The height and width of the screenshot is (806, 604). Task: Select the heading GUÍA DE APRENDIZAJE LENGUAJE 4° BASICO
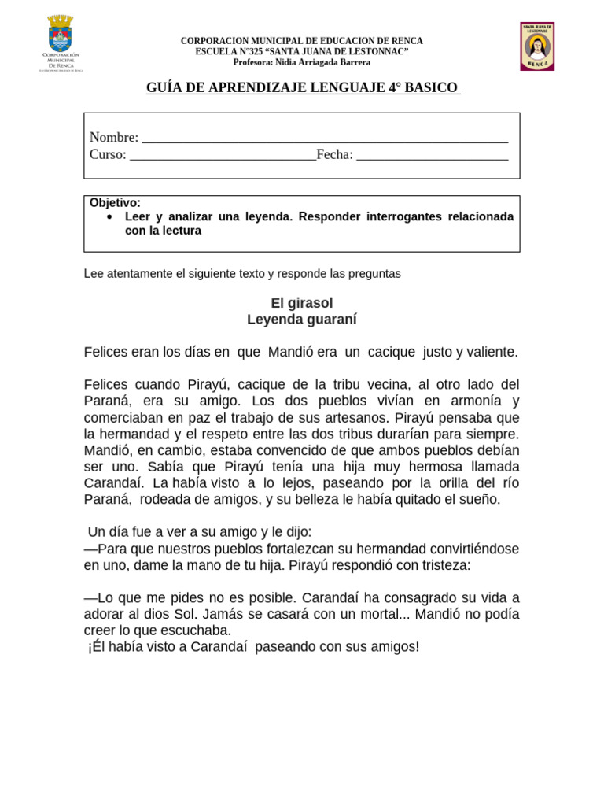(302, 87)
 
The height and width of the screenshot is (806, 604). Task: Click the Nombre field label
(113, 138)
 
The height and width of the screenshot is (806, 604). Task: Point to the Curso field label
(108, 154)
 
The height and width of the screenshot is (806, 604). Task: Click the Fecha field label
(334, 154)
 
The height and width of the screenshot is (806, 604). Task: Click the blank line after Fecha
(432, 156)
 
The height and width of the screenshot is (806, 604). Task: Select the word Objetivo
(115, 203)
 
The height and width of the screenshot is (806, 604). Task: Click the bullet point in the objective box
(109, 216)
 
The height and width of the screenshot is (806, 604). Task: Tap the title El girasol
(302, 303)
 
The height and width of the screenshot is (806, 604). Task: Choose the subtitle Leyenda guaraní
(302, 320)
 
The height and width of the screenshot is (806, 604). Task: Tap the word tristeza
(440, 564)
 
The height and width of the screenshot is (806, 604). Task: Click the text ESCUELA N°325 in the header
(228, 51)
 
